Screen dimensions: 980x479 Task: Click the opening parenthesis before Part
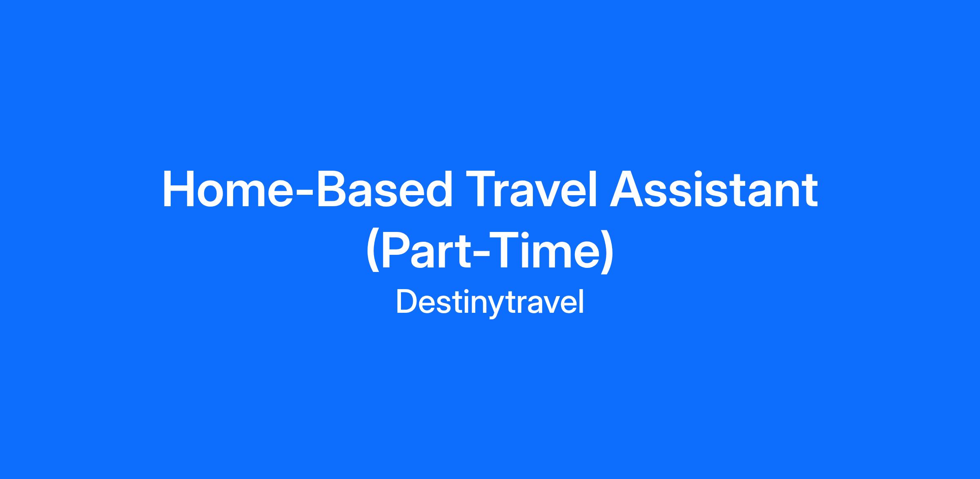click(x=373, y=252)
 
